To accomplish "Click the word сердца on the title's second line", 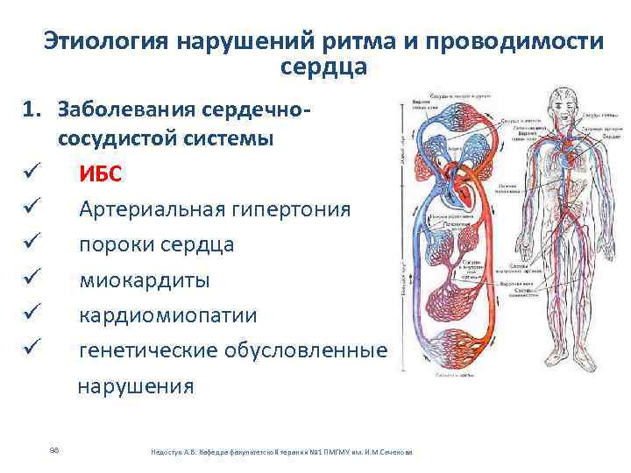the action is tap(325, 67).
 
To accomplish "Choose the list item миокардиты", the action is tap(144, 280).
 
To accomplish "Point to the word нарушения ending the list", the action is tap(136, 386).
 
